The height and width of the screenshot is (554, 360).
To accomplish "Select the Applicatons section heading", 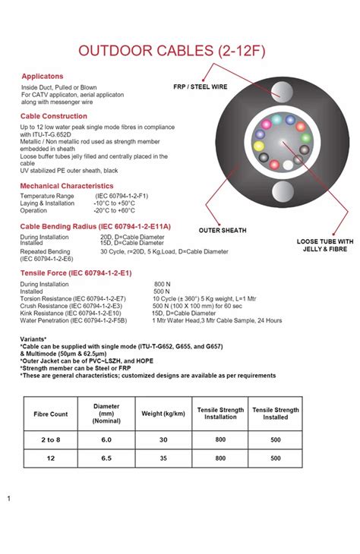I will tap(42, 77).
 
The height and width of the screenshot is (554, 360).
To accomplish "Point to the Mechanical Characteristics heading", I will tap(67, 186).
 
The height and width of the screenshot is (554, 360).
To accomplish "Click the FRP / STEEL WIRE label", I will tap(201, 87).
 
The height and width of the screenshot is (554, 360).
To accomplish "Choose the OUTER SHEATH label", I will tap(222, 229).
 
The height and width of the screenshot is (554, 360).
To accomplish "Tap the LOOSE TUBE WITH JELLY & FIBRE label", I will tap(324, 246).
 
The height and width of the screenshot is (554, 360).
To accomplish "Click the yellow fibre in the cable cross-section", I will tap(258, 145).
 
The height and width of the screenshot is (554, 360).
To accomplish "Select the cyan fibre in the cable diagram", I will tap(276, 119).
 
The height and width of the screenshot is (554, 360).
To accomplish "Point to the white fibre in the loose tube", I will tap(288, 165).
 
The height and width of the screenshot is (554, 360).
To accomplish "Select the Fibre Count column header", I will tap(51, 414).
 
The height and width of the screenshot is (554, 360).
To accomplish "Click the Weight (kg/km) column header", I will tap(163, 414).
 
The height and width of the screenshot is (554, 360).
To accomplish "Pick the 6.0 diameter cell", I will tap(106, 439).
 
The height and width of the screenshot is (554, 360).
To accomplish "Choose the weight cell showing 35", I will tap(163, 458).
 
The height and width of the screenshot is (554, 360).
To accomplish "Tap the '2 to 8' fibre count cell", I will tap(51, 439).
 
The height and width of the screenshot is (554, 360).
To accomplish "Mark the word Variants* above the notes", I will tap(33, 339).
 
